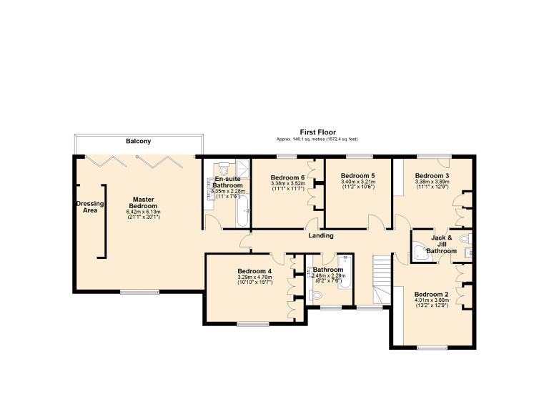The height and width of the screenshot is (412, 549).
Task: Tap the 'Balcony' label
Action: (x=138, y=142)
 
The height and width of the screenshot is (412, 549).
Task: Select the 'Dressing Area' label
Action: (x=89, y=207)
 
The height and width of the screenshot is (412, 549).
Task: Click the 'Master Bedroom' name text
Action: (x=143, y=202)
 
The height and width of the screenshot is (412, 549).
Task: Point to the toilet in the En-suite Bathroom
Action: (x=223, y=170)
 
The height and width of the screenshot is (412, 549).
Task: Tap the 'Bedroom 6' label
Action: (x=287, y=177)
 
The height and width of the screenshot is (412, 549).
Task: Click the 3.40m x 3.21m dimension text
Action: (x=357, y=183)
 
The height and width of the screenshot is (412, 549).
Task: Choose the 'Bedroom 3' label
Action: (x=432, y=175)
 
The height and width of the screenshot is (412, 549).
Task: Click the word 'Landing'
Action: (x=320, y=235)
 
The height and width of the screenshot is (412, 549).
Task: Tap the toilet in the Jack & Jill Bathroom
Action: (x=465, y=239)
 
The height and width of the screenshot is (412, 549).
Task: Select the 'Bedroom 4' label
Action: (x=254, y=271)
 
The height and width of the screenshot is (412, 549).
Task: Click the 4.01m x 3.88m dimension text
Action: (x=432, y=300)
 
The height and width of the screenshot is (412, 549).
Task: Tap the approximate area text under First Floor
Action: (x=317, y=139)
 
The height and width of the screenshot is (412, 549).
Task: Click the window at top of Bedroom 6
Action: (x=287, y=156)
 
